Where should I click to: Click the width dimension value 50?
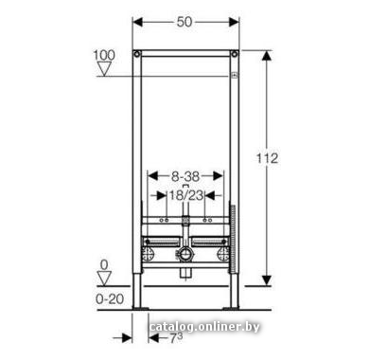click(184, 22)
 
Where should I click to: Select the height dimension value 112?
click(267, 158)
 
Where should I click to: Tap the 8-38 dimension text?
click(185, 176)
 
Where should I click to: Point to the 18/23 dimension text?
click(186, 195)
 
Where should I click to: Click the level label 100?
click(104, 55)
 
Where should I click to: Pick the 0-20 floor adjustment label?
click(110, 299)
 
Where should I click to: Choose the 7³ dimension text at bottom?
click(176, 338)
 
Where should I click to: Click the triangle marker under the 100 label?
click(104, 69)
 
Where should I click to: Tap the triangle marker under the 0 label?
click(104, 279)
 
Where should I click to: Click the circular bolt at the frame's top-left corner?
click(137, 54)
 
